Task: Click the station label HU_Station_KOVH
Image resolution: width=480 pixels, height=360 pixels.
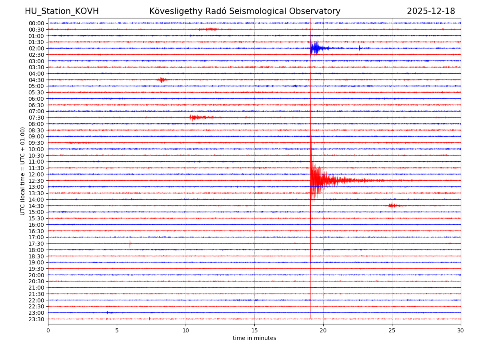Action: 62,11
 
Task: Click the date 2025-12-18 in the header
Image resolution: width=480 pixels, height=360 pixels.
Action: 431,11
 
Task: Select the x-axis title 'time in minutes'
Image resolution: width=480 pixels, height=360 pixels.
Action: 254,338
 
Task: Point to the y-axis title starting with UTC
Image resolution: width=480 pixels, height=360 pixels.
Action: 23,171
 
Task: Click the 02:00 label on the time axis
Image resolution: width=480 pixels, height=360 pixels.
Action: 36,48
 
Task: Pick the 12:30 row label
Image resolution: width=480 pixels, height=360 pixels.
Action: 36,181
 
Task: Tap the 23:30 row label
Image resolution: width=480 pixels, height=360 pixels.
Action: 36,319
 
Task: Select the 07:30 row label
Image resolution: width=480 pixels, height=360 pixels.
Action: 36,118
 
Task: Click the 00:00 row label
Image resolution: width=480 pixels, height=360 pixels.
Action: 36,23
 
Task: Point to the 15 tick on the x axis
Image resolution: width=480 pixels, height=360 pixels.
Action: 254,330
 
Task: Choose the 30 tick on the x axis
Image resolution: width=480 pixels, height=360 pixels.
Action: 461,330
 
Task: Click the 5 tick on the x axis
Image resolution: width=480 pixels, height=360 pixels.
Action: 117,330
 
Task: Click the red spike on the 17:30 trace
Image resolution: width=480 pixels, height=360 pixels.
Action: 130,244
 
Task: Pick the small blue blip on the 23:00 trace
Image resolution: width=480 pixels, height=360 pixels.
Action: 108,312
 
